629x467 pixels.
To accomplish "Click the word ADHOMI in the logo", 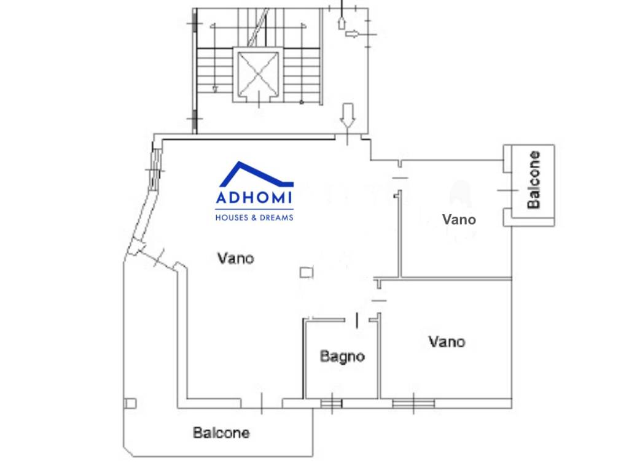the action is [254, 197].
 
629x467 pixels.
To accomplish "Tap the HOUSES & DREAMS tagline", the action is [254, 218].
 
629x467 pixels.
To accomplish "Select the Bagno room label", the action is [342, 357].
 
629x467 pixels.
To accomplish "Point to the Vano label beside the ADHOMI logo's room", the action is [235, 258].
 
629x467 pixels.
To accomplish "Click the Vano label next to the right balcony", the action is [459, 219].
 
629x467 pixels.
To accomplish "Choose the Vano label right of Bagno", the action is [447, 342].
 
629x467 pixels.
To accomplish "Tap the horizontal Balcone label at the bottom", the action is [221, 433].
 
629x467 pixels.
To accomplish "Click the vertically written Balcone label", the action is [534, 180].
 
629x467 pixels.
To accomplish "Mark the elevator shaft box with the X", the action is [258, 74].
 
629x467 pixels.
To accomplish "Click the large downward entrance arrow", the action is [348, 116].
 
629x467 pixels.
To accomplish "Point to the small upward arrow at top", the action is [342, 23].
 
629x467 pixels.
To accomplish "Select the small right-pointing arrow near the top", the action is [352, 34].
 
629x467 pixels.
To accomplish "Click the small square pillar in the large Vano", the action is [307, 272].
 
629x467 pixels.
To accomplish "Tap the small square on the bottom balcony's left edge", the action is [130, 403].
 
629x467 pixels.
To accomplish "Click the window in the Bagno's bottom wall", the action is [331, 403].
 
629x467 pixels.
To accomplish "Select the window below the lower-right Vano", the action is [413, 403].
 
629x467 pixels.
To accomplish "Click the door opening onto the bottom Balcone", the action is [262, 403].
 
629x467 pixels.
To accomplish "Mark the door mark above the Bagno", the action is [357, 320].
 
